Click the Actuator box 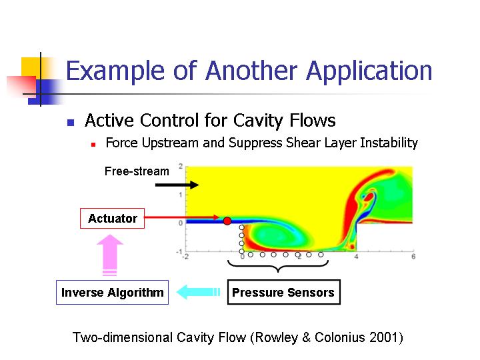tap(112, 218)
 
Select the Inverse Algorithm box tap(112, 293)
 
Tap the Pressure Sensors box tap(283, 293)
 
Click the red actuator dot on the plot tap(227, 221)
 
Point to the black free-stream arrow tap(177, 185)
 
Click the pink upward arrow tap(110, 255)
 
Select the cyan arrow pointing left tap(198, 292)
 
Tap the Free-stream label tap(137, 171)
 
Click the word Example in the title tap(115, 71)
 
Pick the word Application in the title tap(369, 71)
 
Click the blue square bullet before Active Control tap(71, 123)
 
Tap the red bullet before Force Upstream tap(93, 145)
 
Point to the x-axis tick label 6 tap(413, 256)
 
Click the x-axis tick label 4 tap(356, 256)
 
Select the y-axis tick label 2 tap(181, 166)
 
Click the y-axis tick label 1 tap(181, 195)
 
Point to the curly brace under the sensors tap(278, 266)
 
